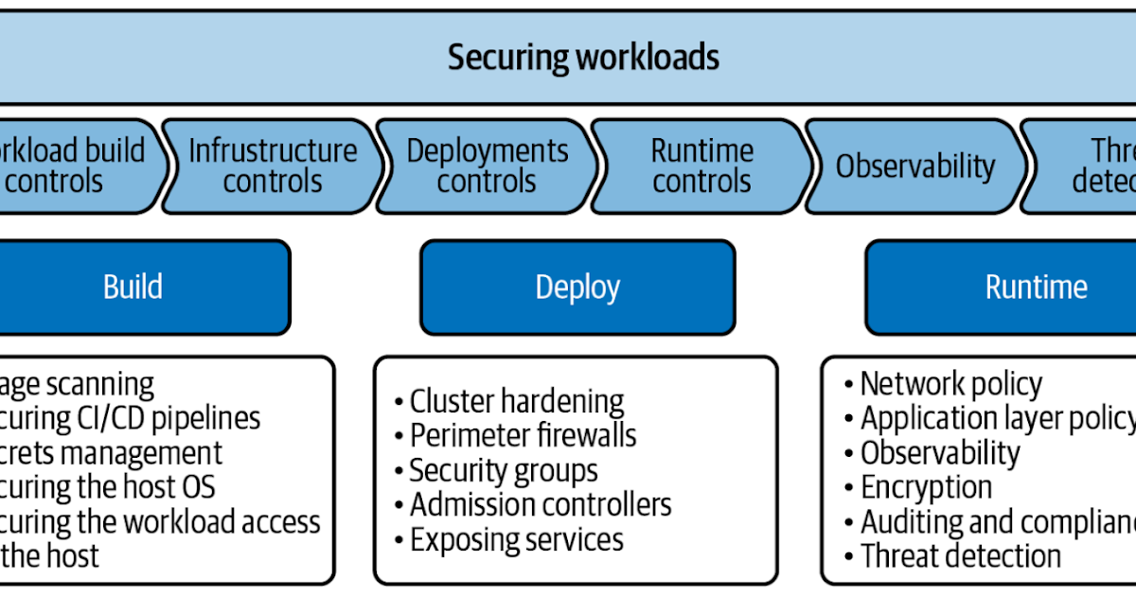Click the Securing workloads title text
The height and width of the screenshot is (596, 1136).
pyautogui.click(x=583, y=58)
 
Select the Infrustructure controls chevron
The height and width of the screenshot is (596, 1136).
pyautogui.click(x=273, y=166)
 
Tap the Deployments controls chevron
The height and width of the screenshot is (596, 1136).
pyautogui.click(x=487, y=166)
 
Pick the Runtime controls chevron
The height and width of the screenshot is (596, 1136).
pyautogui.click(x=701, y=166)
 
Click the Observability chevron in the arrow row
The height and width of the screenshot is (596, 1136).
pyautogui.click(x=914, y=167)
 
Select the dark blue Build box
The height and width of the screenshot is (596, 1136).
pyautogui.click(x=133, y=287)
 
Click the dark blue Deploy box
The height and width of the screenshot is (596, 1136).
pyautogui.click(x=577, y=287)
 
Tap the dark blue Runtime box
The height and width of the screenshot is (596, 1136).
pyautogui.click(x=1036, y=287)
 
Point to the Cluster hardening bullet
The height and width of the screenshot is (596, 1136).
pyautogui.click(x=516, y=401)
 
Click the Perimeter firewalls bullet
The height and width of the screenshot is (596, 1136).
pyautogui.click(x=523, y=435)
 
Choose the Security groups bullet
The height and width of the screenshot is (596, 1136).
pyautogui.click(x=503, y=470)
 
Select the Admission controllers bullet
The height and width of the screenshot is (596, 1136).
pyautogui.click(x=540, y=505)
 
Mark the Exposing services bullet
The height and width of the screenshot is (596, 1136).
pyautogui.click(x=516, y=539)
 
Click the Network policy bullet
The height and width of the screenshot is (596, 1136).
pyautogui.click(x=950, y=384)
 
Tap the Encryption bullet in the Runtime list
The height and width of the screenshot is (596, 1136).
pyautogui.click(x=926, y=487)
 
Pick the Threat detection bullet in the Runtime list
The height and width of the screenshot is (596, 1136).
pyautogui.click(x=960, y=556)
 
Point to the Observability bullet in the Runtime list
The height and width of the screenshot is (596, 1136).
pyautogui.click(x=939, y=453)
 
